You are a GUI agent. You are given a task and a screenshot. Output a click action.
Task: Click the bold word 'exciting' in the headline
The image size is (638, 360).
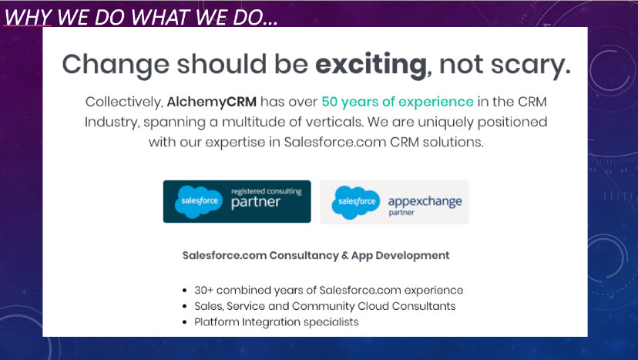(371, 63)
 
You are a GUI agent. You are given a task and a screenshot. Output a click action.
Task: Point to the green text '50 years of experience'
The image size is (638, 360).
(398, 102)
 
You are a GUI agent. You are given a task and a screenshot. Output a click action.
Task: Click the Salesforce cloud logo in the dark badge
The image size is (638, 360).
(196, 202)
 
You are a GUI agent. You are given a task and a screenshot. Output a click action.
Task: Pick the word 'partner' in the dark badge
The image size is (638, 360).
(255, 204)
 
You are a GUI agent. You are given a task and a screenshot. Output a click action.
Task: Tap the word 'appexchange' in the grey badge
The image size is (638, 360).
(425, 201)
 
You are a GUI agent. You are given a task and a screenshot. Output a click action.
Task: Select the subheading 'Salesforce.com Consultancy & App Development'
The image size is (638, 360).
(316, 255)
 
